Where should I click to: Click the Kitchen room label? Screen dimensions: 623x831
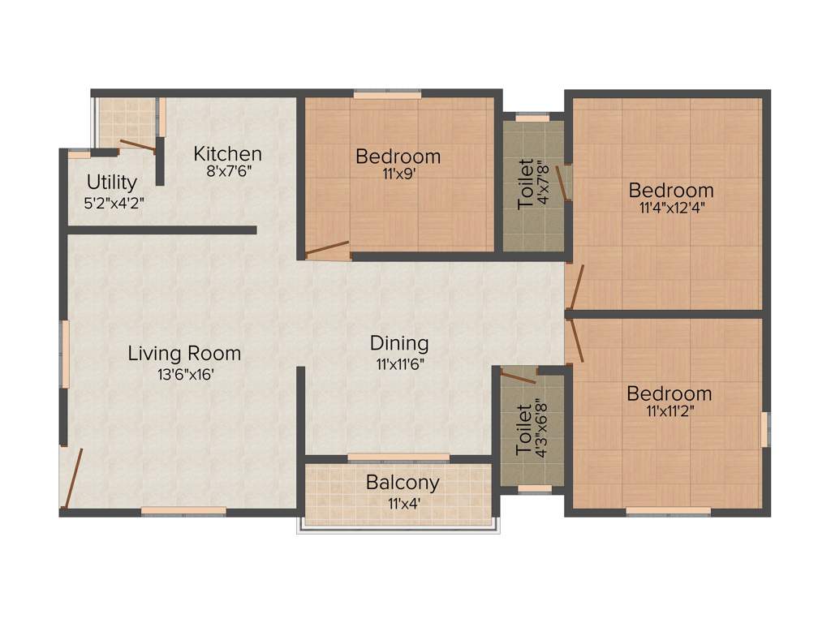pyautogui.click(x=227, y=153)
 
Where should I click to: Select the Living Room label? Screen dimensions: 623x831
pyautogui.click(x=184, y=354)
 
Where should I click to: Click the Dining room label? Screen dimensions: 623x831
pyautogui.click(x=399, y=343)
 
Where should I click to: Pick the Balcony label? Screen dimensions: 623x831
pyautogui.click(x=403, y=483)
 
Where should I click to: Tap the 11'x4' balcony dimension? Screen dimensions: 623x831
pyautogui.click(x=403, y=503)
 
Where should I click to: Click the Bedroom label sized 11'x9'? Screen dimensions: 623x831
pyautogui.click(x=398, y=156)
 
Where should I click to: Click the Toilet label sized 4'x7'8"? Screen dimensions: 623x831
pyautogui.click(x=527, y=184)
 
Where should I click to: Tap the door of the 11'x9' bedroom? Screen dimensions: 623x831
pyautogui.click(x=328, y=250)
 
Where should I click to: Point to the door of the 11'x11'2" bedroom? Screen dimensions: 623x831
pyautogui.click(x=576, y=340)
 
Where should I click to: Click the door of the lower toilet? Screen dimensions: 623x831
pyautogui.click(x=519, y=376)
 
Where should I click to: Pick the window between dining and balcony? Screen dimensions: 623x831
pyautogui.click(x=398, y=458)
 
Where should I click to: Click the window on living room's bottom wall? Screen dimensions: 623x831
pyautogui.click(x=183, y=511)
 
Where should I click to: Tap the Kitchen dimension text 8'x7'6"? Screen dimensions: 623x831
pyautogui.click(x=228, y=171)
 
